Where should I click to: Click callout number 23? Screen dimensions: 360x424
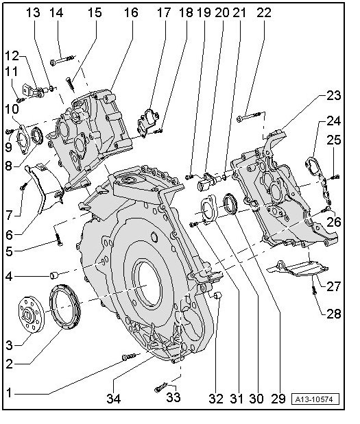tap(333, 96)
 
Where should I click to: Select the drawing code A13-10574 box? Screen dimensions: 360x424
tap(315, 399)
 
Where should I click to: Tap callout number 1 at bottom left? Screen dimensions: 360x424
tap(9, 392)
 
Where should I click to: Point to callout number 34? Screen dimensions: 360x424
tap(113, 398)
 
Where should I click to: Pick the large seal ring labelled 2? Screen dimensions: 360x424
tap(64, 307)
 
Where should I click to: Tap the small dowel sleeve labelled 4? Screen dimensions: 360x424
tap(54, 275)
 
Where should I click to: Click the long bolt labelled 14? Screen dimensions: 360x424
tap(62, 60)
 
